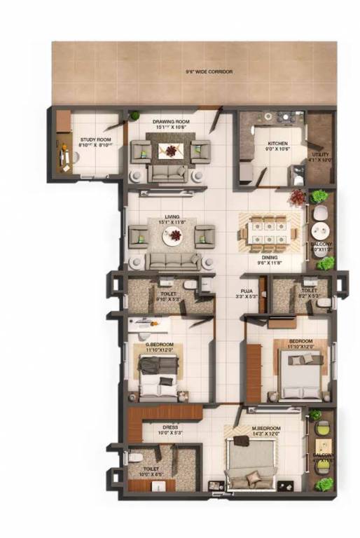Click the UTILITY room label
pos(320,156)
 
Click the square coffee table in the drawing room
pos(171,149)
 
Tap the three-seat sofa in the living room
pos(173,261)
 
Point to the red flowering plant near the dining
pos(298,198)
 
